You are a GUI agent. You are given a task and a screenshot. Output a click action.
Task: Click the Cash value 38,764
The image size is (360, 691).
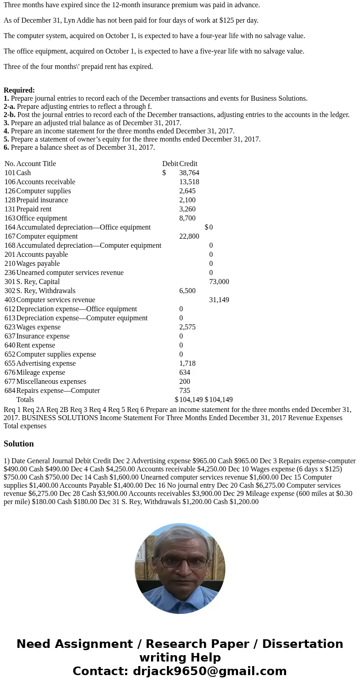click(189, 173)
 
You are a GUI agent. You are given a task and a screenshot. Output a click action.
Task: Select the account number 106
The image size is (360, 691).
click(10, 182)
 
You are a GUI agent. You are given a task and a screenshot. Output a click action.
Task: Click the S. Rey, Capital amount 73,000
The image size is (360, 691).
click(219, 282)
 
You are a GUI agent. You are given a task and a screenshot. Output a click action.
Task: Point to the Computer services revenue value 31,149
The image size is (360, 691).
click(219, 300)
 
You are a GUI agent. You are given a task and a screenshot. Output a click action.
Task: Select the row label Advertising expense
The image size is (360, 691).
click(46, 363)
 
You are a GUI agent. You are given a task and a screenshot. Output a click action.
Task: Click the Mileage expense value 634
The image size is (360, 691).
click(185, 372)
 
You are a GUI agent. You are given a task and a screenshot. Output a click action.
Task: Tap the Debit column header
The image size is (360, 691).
click(170, 164)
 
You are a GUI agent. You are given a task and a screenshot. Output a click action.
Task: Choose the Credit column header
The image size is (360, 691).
click(188, 164)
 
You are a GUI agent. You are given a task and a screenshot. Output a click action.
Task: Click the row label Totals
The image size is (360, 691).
click(25, 400)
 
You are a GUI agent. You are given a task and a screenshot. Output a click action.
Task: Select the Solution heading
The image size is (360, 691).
click(19, 444)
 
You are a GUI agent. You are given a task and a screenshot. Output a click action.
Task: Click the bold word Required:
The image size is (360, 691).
click(19, 90)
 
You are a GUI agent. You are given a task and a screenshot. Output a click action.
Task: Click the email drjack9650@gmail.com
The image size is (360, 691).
click(209, 671)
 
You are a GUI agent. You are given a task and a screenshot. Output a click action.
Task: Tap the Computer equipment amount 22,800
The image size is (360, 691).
click(189, 236)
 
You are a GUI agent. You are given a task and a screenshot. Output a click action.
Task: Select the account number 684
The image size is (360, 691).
click(10, 391)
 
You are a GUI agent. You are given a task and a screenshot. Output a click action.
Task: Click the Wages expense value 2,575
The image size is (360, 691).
click(187, 327)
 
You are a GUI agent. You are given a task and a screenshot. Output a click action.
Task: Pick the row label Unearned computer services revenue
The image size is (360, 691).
click(70, 273)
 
